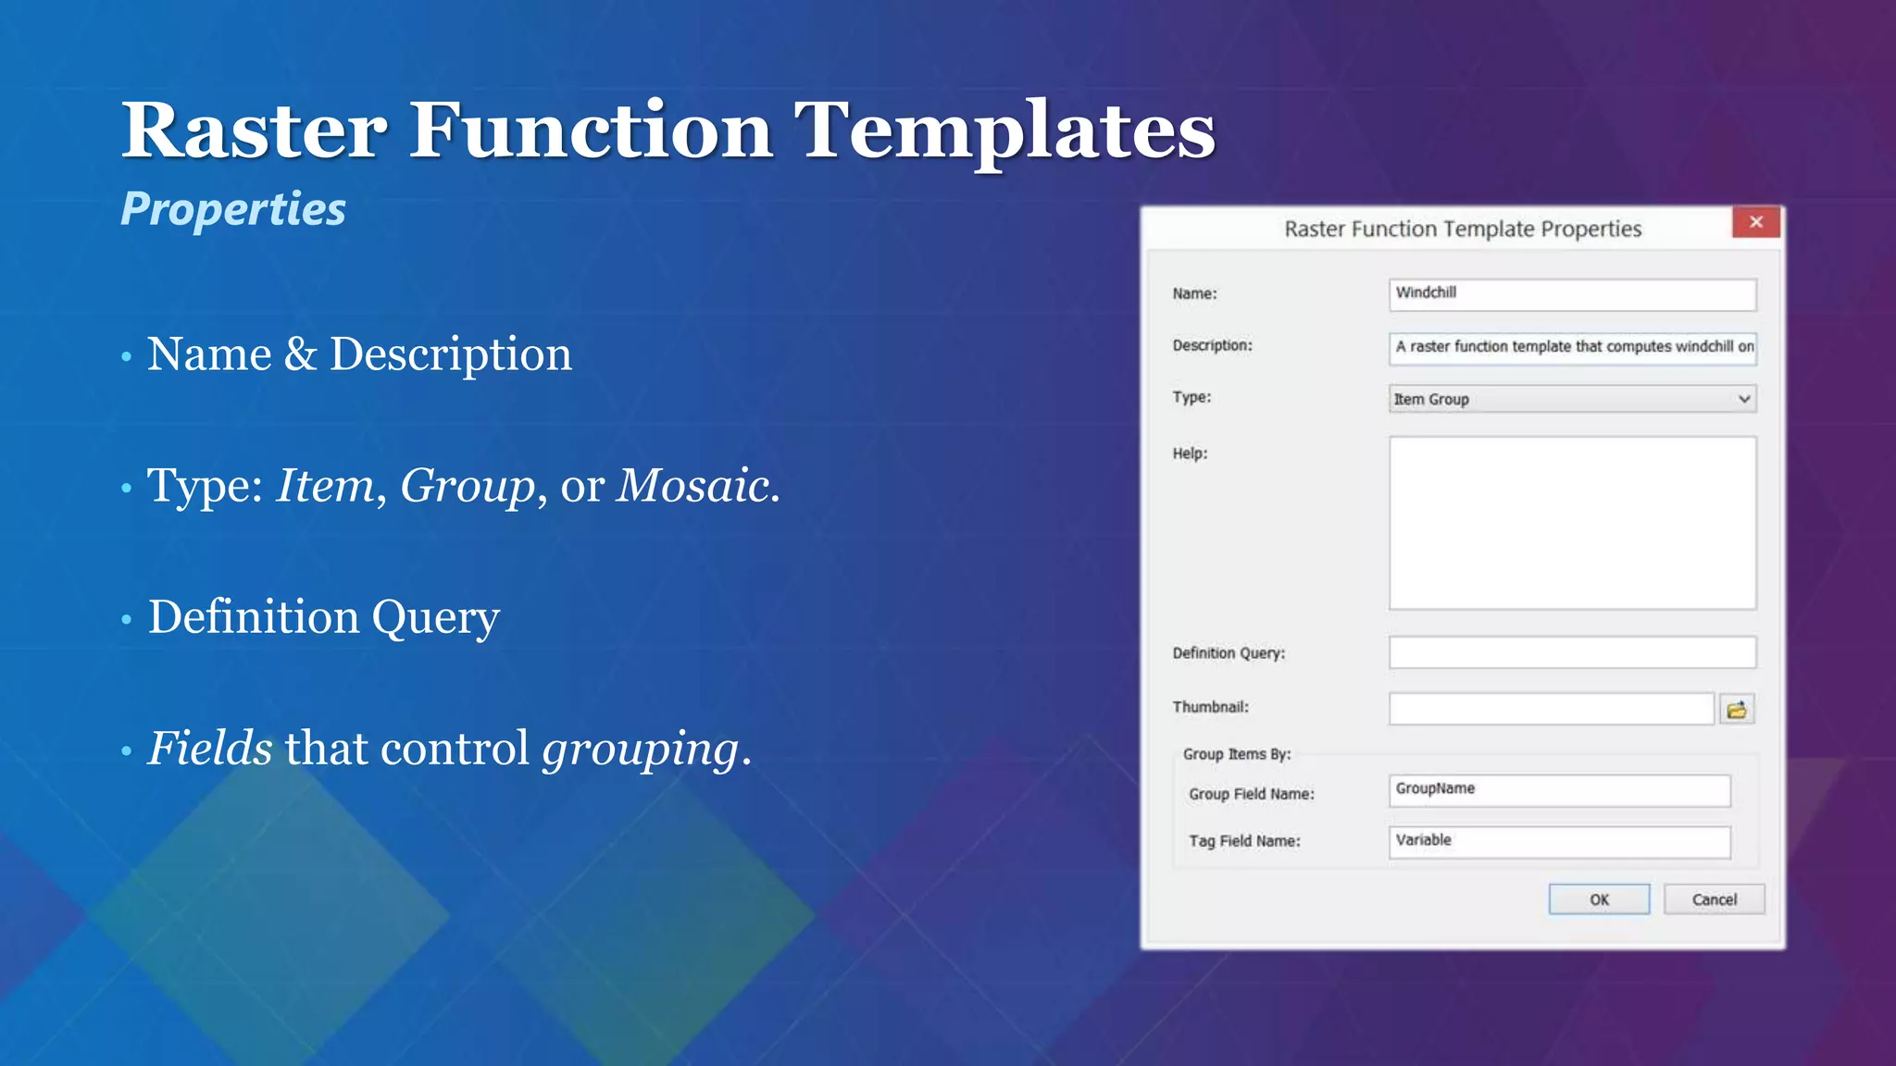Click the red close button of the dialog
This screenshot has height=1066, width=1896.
tap(1755, 222)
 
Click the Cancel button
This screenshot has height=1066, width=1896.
tap(1714, 899)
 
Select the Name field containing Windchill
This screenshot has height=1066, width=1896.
tap(1572, 294)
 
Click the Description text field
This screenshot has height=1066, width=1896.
tap(1572, 347)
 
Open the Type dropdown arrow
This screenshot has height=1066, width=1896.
tap(1744, 400)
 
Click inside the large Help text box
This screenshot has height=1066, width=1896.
tap(1572, 523)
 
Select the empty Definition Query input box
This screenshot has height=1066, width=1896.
tap(1572, 652)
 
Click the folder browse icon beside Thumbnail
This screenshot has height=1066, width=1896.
tap(1737, 710)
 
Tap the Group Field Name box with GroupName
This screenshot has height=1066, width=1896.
tap(1559, 790)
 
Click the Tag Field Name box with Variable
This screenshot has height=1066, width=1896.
tap(1559, 842)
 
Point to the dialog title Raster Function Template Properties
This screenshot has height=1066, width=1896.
tap(1463, 229)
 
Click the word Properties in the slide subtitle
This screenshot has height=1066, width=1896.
tap(233, 209)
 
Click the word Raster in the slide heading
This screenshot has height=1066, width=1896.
tap(255, 130)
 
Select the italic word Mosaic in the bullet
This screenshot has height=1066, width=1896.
tap(693, 486)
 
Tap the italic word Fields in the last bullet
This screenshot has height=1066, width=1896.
tap(210, 749)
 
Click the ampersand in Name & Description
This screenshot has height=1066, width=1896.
tap(300, 354)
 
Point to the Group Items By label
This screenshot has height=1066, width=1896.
tap(1236, 754)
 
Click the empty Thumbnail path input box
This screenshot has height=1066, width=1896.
tap(1551, 710)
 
